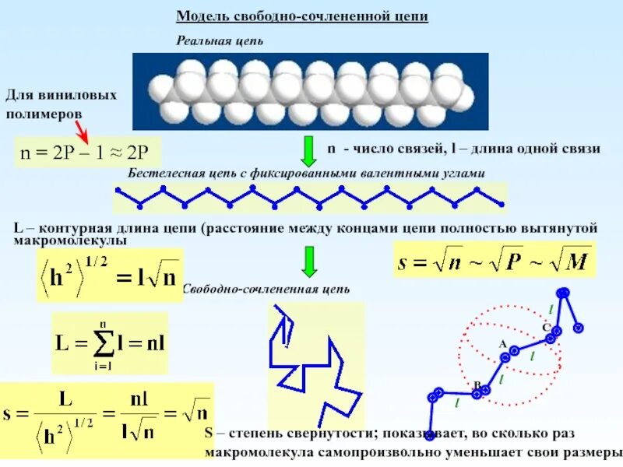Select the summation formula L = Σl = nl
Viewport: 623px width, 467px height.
tap(109, 343)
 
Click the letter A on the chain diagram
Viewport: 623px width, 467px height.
tap(502, 344)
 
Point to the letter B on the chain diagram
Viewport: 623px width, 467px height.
tap(477, 384)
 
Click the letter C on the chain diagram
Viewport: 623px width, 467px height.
tap(546, 327)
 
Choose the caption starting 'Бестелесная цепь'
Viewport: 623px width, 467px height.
tap(306, 173)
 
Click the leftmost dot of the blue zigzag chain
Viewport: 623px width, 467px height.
tap(117, 190)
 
